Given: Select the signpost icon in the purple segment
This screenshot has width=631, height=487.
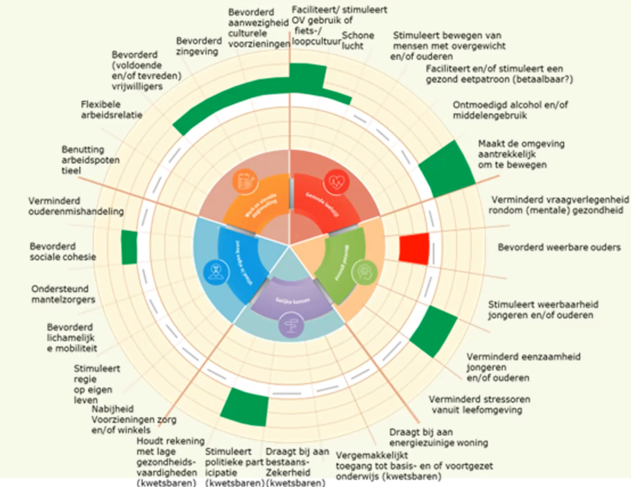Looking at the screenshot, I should coord(292,325).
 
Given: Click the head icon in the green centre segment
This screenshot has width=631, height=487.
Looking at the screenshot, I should coord(364,273).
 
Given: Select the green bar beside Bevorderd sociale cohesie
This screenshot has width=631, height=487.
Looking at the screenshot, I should coord(129,248).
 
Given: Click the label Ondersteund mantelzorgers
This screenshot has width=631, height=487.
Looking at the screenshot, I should coord(63,294).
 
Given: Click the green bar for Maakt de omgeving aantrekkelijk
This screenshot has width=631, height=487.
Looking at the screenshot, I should coord(442,167).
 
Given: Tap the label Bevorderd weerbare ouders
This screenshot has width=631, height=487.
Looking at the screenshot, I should coord(559,248).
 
